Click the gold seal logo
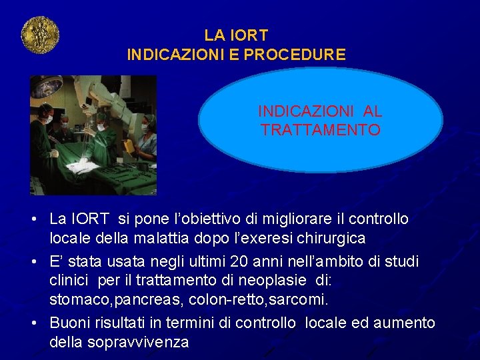tap(41, 35)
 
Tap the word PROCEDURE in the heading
tap(295, 55)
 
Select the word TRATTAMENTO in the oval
tap(321, 130)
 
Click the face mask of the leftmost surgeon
tap(49, 119)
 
